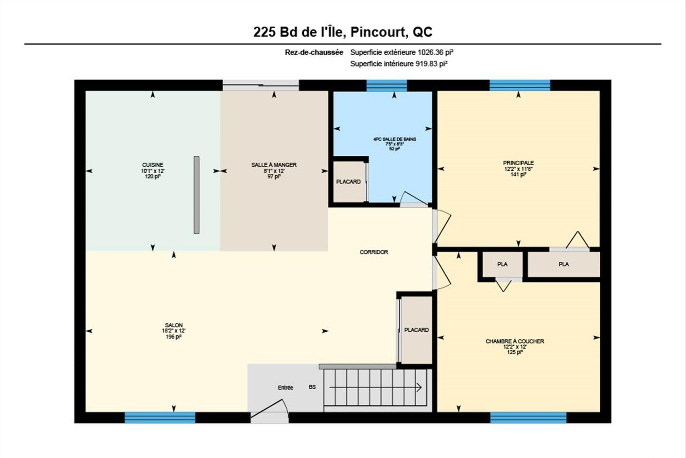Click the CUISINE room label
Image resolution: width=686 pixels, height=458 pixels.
[153, 165]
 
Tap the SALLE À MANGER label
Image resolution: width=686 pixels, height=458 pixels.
[274, 165]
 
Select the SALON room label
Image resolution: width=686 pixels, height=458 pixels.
[174, 325]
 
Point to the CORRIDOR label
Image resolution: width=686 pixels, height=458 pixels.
[374, 252]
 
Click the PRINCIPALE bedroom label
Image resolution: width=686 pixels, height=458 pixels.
[518, 163]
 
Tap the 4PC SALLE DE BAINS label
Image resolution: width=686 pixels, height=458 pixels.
[394, 139]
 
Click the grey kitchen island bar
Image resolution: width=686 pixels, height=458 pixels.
[197, 195]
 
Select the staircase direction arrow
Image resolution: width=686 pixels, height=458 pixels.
[376, 388]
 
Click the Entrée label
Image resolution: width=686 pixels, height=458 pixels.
[285, 388]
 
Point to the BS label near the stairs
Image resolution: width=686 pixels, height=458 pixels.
[312, 387]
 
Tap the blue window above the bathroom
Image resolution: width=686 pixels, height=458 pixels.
[387, 86]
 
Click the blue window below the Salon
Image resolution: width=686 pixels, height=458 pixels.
[160, 418]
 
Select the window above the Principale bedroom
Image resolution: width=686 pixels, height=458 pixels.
[520, 86]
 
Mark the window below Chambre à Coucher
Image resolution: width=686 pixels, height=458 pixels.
[528, 418]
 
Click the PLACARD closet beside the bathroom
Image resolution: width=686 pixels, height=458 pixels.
[348, 182]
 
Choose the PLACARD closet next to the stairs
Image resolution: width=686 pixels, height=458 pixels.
[417, 330]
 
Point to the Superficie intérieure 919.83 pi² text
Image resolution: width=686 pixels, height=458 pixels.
[399, 64]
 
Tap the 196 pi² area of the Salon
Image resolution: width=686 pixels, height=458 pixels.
[174, 337]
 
